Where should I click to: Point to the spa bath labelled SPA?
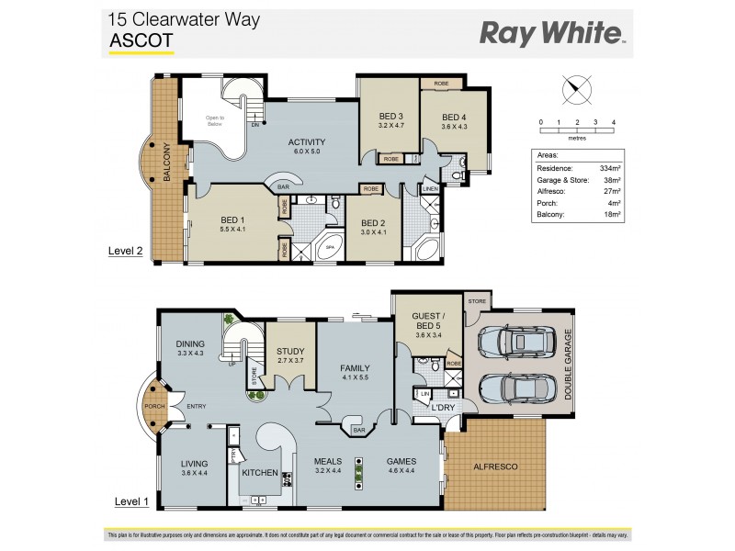tap(329, 249)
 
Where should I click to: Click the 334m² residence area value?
tap(610, 168)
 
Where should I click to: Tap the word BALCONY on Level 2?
tap(167, 163)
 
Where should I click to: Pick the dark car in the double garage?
tap(514, 389)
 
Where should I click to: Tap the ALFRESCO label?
tap(495, 467)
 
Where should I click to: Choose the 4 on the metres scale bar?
tap(613, 122)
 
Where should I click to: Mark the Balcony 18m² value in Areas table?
tap(613, 215)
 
